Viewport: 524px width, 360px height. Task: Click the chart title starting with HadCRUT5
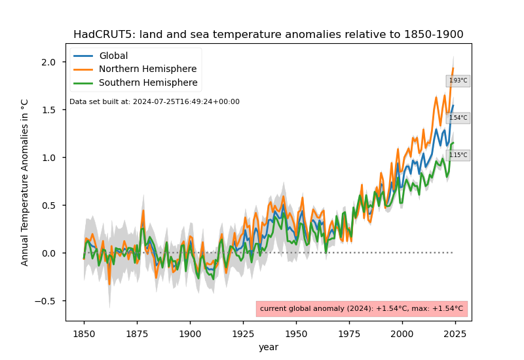pyautogui.click(x=268, y=35)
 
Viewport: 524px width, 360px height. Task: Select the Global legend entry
pyautogui.click(x=113, y=56)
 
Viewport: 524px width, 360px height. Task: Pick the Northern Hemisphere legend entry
pyautogui.click(x=147, y=69)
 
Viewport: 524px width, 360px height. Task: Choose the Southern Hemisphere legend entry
pyautogui.click(x=147, y=83)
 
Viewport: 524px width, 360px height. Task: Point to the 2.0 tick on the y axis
pyautogui.click(x=55, y=62)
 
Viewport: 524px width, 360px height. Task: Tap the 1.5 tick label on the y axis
pyautogui.click(x=55, y=110)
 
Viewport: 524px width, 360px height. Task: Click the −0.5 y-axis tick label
pyautogui.click(x=52, y=301)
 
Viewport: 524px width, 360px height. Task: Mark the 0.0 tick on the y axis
pyautogui.click(x=55, y=253)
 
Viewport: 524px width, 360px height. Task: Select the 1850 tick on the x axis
pyautogui.click(x=84, y=333)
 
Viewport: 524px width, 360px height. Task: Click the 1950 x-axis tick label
pyautogui.click(x=296, y=333)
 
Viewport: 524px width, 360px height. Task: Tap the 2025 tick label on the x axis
pyautogui.click(x=455, y=333)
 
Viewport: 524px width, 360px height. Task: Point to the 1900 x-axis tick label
pyautogui.click(x=190, y=333)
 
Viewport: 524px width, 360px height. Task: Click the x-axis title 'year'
pyautogui.click(x=268, y=348)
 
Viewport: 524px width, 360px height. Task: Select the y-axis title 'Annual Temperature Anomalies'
pyautogui.click(x=25, y=182)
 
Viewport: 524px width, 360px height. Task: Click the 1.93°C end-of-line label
pyautogui.click(x=458, y=81)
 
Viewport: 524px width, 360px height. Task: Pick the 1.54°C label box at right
pyautogui.click(x=458, y=118)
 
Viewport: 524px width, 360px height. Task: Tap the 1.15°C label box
pyautogui.click(x=458, y=156)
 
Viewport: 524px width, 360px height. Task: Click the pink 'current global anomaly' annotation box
pyautogui.click(x=362, y=309)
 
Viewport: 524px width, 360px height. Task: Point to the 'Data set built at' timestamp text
pyautogui.click(x=155, y=102)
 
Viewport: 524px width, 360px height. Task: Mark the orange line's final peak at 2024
pyautogui.click(x=453, y=68)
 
